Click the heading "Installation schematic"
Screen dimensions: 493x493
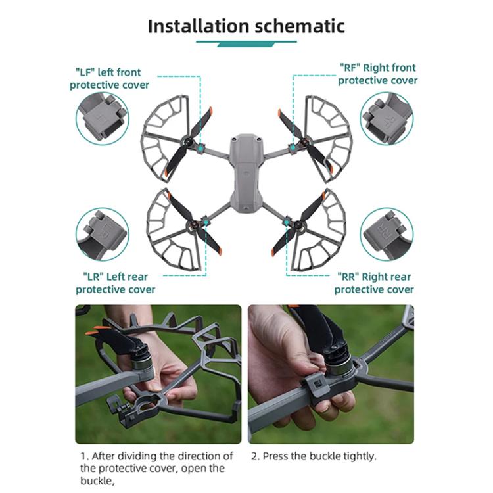tap(246, 26)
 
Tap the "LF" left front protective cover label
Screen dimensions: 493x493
tap(109, 78)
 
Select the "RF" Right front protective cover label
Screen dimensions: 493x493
tap(377, 74)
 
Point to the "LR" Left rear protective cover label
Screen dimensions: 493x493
tap(115, 283)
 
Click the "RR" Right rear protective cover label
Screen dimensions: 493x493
tap(375, 283)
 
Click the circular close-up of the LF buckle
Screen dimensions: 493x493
tap(103, 118)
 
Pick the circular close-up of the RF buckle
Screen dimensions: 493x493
tap(387, 118)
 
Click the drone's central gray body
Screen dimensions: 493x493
tap(246, 174)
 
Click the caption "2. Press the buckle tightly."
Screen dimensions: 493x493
tap(314, 456)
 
